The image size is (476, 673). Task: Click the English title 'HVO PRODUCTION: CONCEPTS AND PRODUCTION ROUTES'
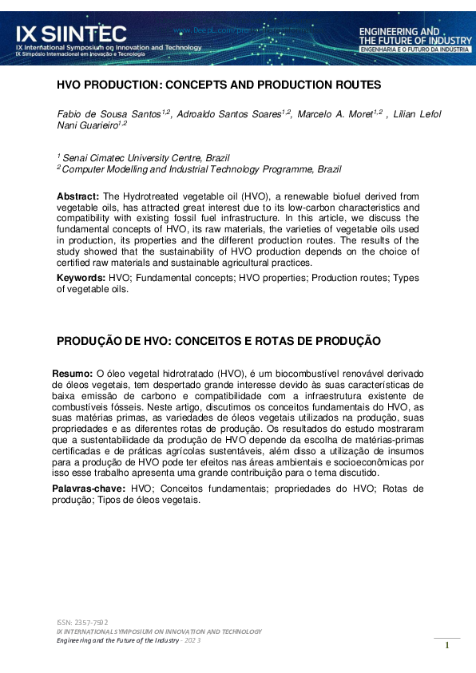218,85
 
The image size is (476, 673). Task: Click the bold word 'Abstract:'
77,196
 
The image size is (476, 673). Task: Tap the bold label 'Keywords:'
81,278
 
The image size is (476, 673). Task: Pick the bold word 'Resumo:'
73,373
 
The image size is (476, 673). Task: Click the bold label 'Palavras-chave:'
89,488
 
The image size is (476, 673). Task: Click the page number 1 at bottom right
447,645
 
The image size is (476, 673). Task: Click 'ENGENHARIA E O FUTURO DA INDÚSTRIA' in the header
415,49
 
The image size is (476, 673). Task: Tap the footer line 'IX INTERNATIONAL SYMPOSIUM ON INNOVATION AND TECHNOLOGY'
158,631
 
